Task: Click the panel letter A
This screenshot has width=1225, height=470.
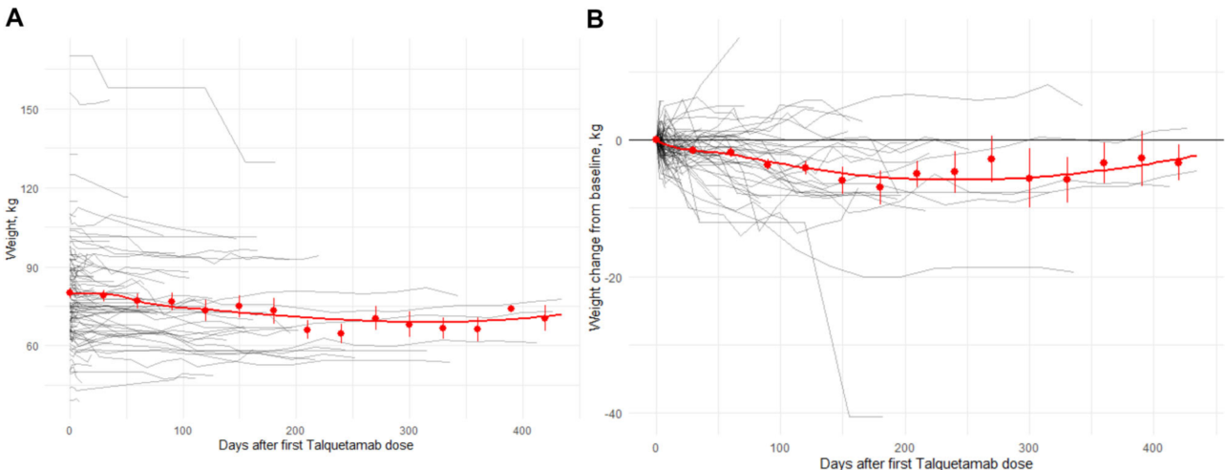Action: tap(13, 19)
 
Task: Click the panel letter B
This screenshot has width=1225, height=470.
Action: tap(596, 19)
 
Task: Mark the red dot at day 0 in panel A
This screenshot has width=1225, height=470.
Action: tap(69, 292)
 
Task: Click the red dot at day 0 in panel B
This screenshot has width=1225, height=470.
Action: tap(656, 140)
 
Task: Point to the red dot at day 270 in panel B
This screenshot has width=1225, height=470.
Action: tap(991, 159)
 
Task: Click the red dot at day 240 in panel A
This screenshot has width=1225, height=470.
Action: tap(341, 332)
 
